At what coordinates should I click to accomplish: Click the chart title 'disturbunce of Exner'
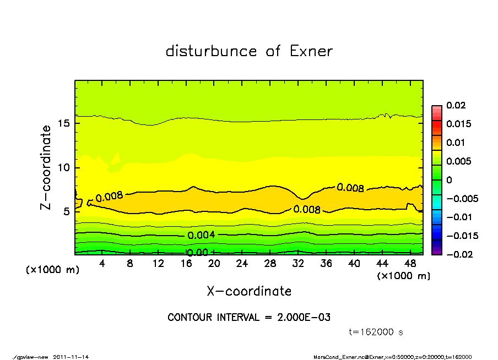coord(249,51)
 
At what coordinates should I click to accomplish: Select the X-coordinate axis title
coord(249,291)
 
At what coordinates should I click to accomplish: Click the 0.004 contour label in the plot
coord(201,235)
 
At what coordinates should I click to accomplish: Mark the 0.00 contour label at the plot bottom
coord(197,253)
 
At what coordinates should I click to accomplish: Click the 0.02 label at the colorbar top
coord(456,105)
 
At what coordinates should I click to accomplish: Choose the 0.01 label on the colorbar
coord(456,143)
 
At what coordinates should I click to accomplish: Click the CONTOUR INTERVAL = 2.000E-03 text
coord(249,318)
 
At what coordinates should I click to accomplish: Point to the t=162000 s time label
coord(377,332)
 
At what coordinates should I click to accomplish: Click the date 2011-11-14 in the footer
coord(71,357)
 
